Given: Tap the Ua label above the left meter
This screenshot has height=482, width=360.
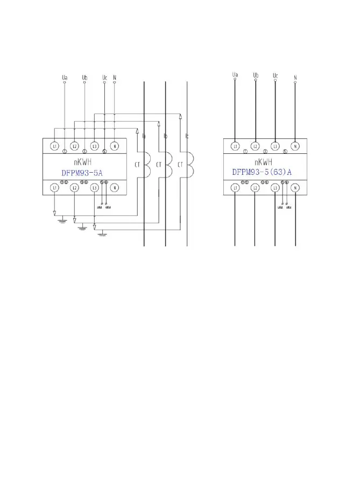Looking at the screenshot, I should [65, 78].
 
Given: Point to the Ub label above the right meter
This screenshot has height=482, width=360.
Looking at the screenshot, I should [256, 75].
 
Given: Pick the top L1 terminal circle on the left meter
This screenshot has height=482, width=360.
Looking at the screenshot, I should [54, 146].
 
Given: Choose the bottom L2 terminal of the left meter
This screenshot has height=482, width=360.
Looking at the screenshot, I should [74, 188].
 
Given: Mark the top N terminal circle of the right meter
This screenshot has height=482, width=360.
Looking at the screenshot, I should [295, 146].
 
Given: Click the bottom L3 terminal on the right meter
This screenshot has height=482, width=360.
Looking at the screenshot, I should [275, 188].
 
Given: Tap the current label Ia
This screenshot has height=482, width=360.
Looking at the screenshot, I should [144, 137].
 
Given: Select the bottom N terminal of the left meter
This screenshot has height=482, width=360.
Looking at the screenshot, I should [115, 188].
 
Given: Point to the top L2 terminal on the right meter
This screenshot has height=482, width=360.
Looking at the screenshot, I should [256, 146].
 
